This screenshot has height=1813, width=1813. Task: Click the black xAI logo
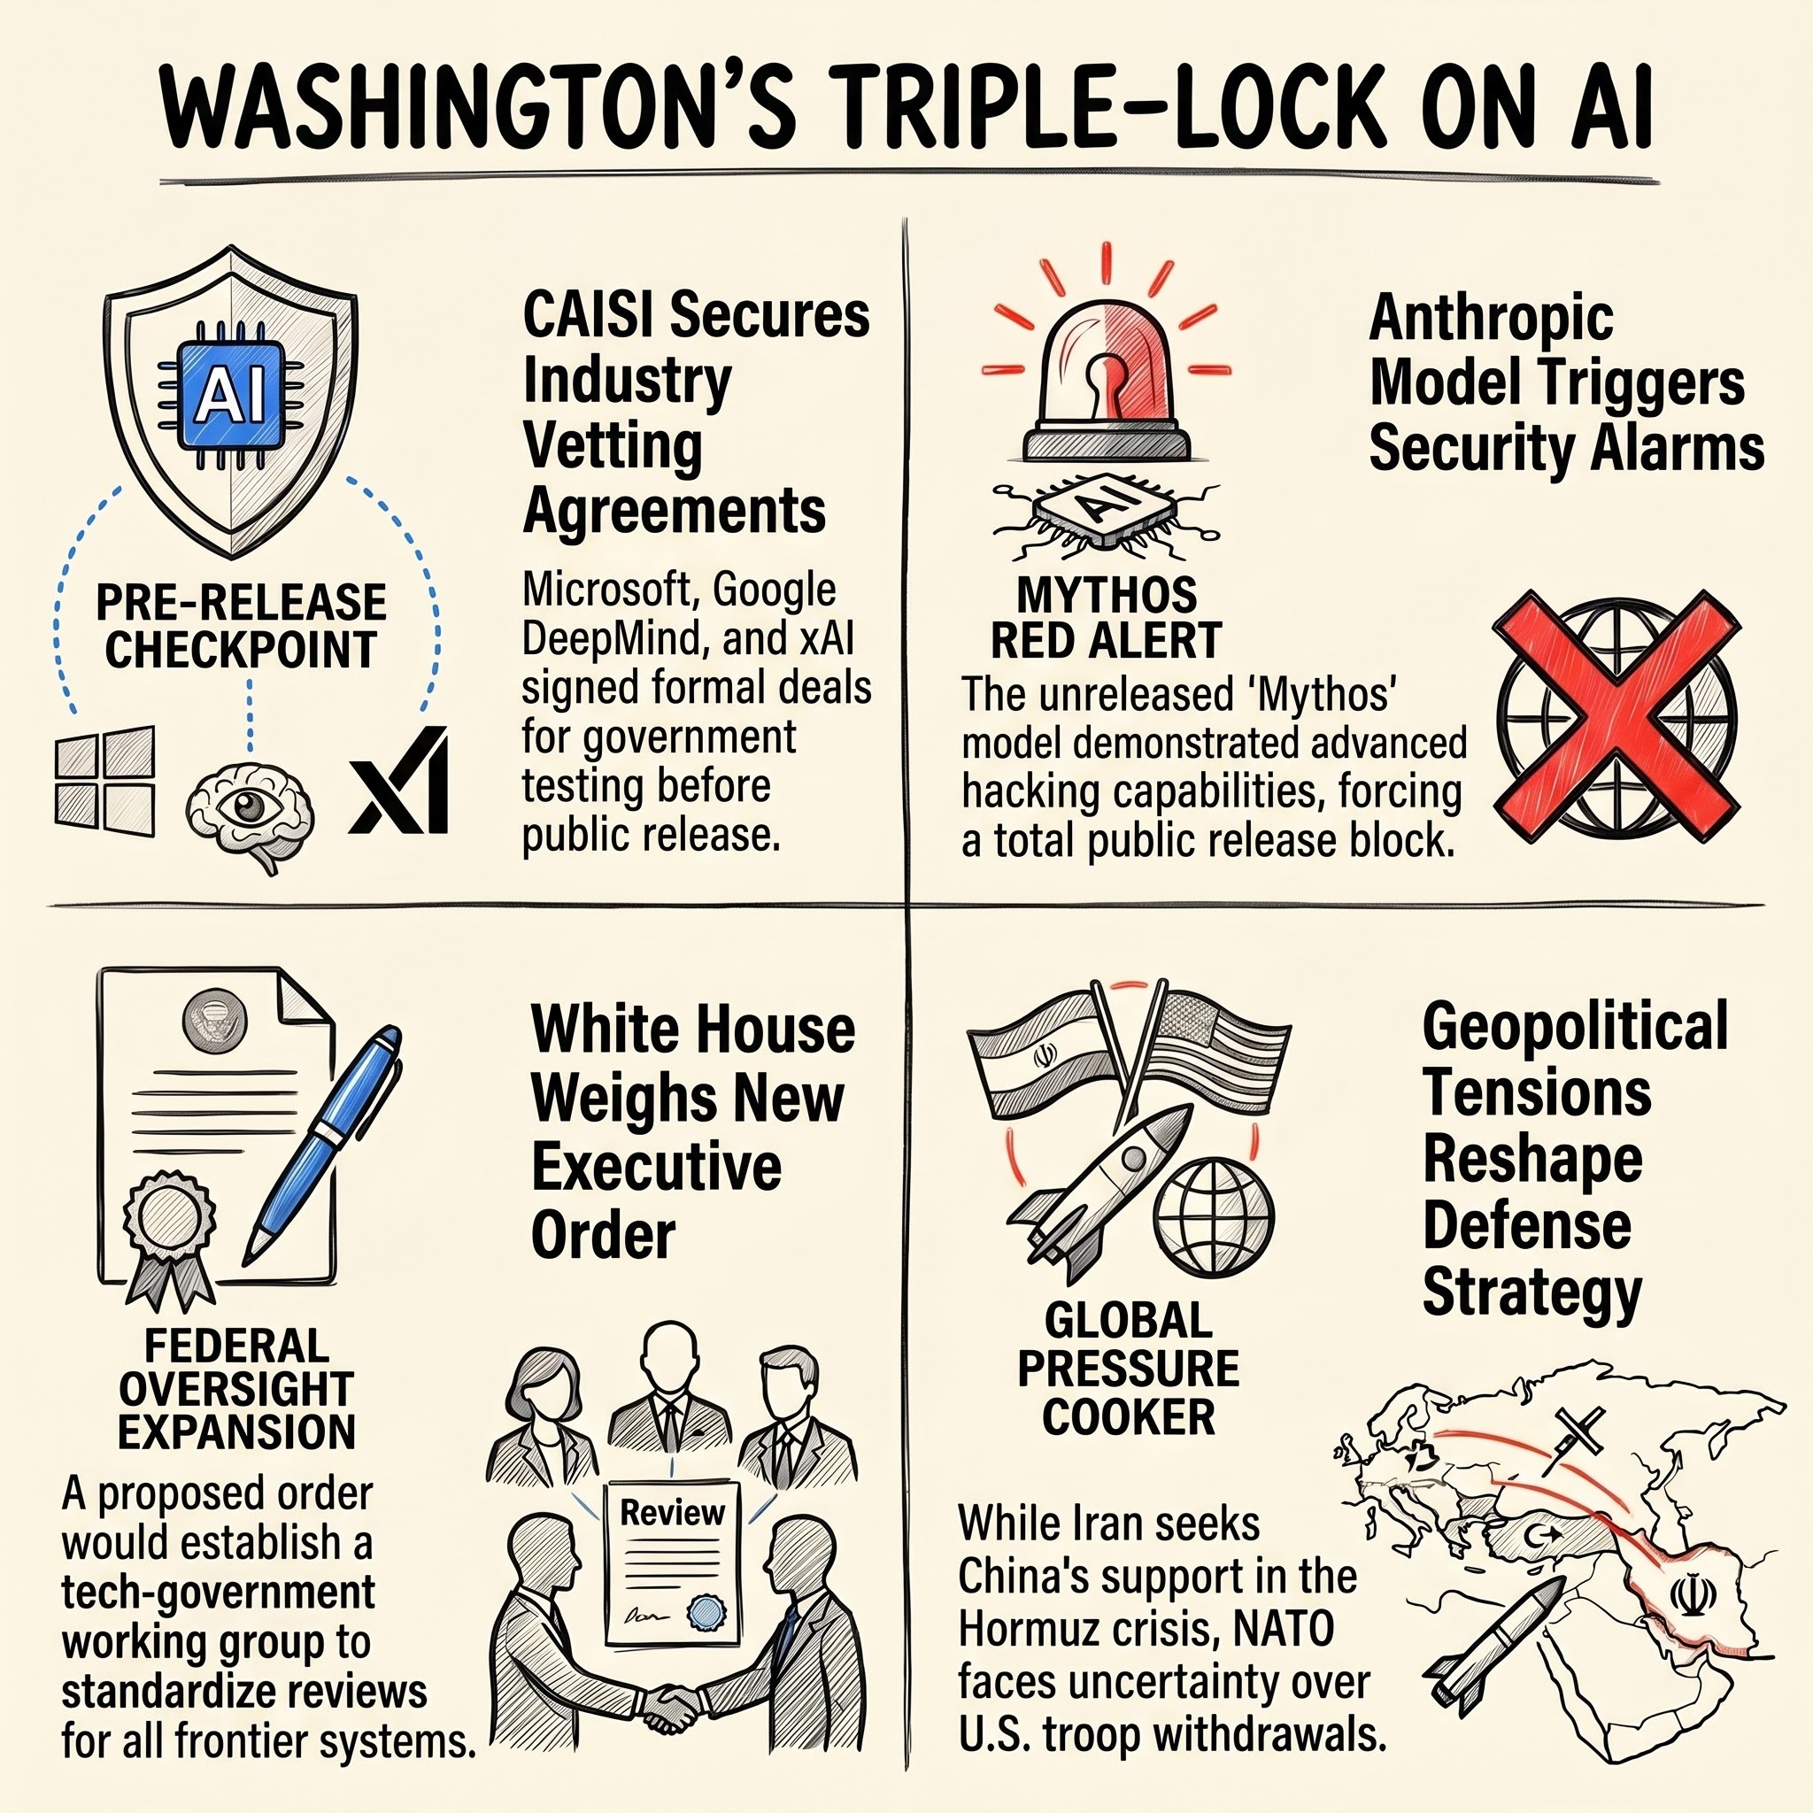399,780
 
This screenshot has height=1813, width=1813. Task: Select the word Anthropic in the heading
1492,319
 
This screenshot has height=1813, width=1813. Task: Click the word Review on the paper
672,1512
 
